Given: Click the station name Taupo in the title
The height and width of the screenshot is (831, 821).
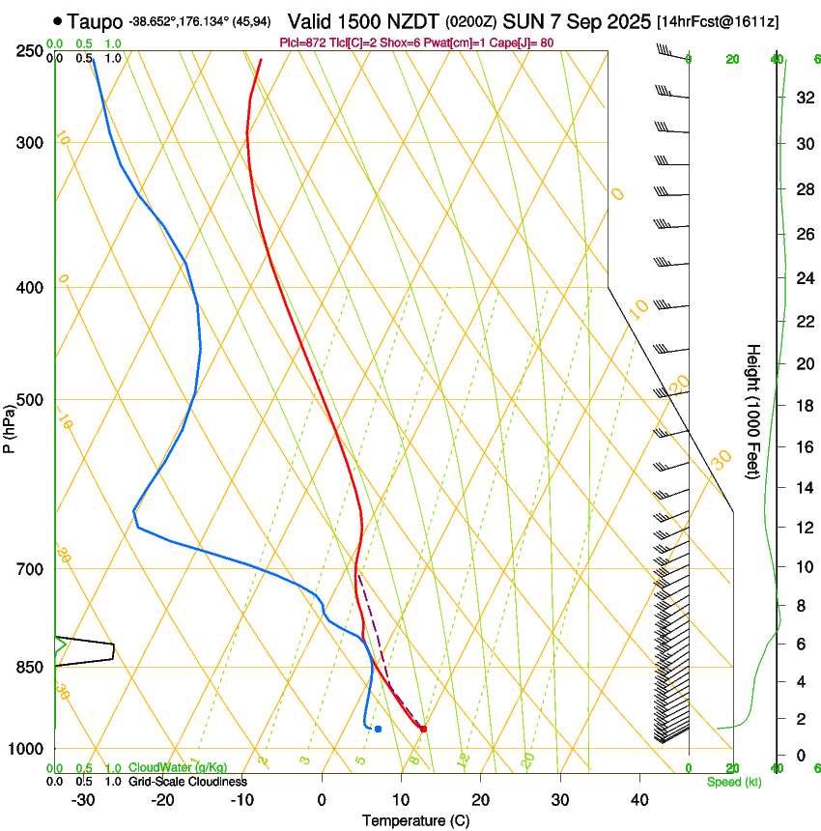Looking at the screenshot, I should click(x=95, y=20).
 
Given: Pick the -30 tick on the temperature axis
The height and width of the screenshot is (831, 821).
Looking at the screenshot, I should click(x=84, y=800).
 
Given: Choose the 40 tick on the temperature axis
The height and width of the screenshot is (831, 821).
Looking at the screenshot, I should click(x=639, y=800).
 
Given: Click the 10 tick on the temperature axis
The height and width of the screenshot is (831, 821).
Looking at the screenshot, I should click(x=402, y=800).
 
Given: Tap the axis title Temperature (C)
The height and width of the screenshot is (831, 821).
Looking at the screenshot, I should click(x=415, y=820).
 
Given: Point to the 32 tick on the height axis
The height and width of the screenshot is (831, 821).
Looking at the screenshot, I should click(x=803, y=98).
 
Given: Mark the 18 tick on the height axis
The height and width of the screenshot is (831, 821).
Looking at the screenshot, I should click(x=803, y=406).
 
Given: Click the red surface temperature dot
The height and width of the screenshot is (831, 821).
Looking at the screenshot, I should click(x=423, y=729).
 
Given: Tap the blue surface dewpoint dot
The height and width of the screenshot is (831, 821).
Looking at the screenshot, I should click(x=378, y=729).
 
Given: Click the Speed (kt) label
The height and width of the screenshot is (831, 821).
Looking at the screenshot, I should click(x=734, y=782).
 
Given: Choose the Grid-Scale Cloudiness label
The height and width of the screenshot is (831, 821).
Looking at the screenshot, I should click(x=187, y=782).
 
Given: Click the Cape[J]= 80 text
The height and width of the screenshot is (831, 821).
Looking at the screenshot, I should click(x=526, y=43).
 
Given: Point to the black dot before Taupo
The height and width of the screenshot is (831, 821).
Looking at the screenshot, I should click(x=59, y=20).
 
